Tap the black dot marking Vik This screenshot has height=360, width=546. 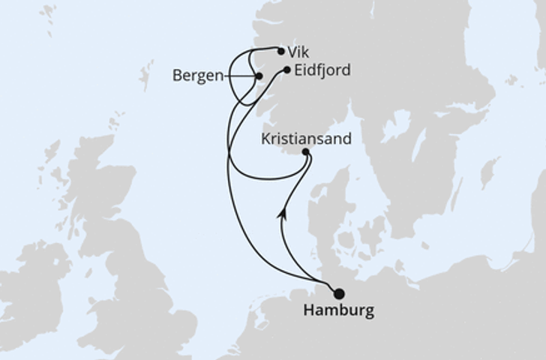point(280,52)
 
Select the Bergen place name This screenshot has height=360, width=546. point(197,76)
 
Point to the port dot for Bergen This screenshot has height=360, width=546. point(259,76)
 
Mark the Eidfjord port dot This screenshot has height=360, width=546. point(287,70)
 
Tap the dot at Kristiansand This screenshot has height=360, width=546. point(306,152)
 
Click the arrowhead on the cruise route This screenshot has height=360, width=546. point(283,212)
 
